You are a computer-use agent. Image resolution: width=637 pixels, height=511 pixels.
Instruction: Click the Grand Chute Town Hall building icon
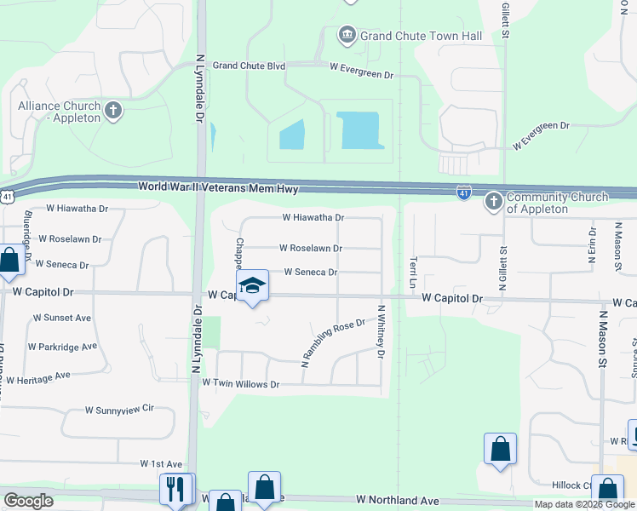point(347,35)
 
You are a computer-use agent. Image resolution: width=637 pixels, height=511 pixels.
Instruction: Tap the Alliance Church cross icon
point(112,110)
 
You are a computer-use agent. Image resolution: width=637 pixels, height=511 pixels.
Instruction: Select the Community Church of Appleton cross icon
point(493,202)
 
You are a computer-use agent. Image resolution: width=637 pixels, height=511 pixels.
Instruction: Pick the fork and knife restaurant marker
point(176,489)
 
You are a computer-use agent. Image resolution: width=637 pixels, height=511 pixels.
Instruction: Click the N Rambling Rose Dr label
point(333,343)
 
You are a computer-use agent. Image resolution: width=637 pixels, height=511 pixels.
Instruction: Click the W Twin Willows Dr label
point(240,384)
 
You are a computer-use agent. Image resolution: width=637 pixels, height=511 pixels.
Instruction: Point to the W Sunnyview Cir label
point(118,410)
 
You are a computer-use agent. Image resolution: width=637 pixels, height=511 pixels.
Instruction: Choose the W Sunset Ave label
point(61,318)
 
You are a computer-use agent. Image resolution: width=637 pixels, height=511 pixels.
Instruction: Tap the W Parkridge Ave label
point(62,347)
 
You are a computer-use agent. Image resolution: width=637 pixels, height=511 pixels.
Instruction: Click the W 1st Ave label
point(162,464)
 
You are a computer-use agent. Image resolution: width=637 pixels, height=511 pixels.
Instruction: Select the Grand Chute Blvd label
point(248,65)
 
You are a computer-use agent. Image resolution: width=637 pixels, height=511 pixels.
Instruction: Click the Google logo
point(28,500)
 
